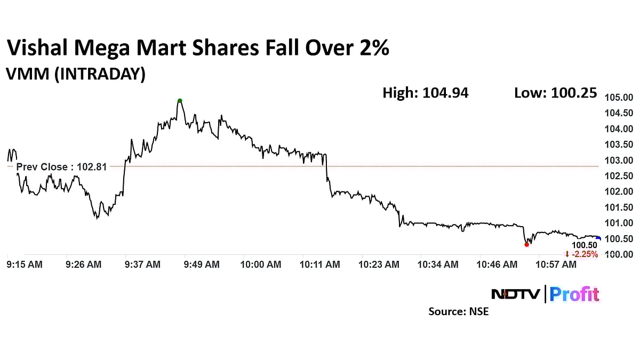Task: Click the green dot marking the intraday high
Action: pyautogui.click(x=180, y=101)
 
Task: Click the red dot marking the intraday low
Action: pyautogui.click(x=527, y=244)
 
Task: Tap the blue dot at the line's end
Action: pyautogui.click(x=598, y=239)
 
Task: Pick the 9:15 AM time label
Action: pyautogui.click(x=24, y=264)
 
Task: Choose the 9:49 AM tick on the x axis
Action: pyautogui.click(x=201, y=264)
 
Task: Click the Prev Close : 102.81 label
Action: pyautogui.click(x=61, y=167)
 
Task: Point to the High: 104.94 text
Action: pyautogui.click(x=425, y=93)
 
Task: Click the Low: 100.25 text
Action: pyautogui.click(x=555, y=93)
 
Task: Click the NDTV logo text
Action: pyautogui.click(x=515, y=294)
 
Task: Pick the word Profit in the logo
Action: pyautogui.click(x=574, y=294)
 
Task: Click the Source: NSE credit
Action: pyautogui.click(x=458, y=311)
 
